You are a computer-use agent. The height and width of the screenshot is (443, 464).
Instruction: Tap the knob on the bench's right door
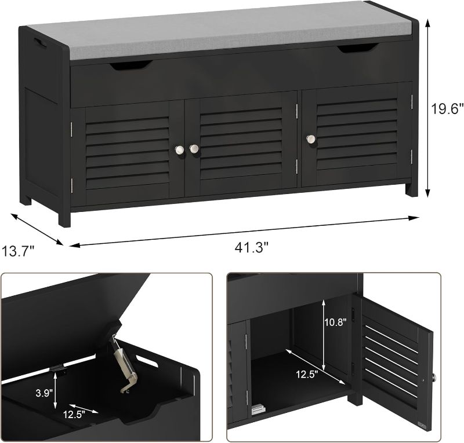[x=311, y=139]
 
